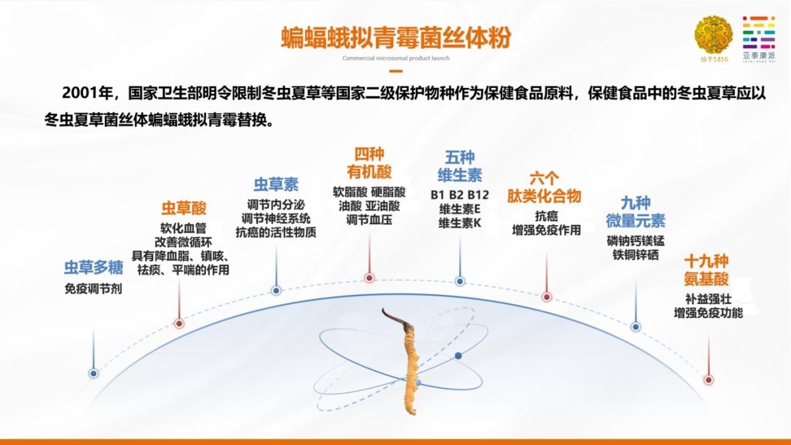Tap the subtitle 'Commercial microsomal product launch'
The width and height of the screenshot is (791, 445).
[x=396, y=58]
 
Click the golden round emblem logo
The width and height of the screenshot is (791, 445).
[x=714, y=35]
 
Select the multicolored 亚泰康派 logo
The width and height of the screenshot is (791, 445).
[x=759, y=39]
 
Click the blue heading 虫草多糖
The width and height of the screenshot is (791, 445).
[x=94, y=268]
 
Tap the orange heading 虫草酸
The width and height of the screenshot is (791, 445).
[x=184, y=209]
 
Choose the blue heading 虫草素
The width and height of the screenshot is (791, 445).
[x=276, y=184]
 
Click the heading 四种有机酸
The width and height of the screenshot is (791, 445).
[x=369, y=163]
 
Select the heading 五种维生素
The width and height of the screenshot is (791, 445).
[x=460, y=166]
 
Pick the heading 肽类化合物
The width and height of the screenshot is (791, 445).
[x=544, y=196]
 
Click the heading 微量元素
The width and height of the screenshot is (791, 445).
[x=636, y=221]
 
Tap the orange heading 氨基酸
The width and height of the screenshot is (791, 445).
[x=707, y=279]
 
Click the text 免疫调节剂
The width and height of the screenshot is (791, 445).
[x=93, y=289]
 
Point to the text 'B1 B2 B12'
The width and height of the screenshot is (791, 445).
[x=460, y=195]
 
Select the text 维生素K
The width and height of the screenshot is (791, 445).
[x=460, y=223]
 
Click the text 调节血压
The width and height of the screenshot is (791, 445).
[x=369, y=221]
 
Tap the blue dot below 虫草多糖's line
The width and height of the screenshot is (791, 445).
[x=94, y=373]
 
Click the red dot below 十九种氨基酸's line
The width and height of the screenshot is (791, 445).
[x=708, y=380]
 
